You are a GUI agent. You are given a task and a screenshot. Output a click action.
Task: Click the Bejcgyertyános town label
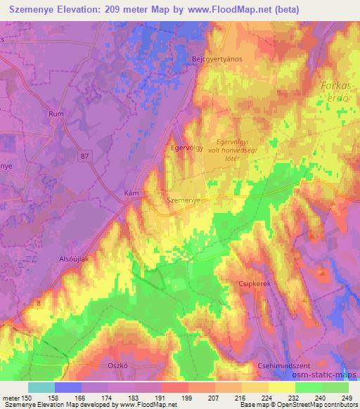217,59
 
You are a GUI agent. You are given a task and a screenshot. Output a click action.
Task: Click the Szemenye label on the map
185,200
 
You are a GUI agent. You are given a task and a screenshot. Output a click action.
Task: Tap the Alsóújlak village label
72,259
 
